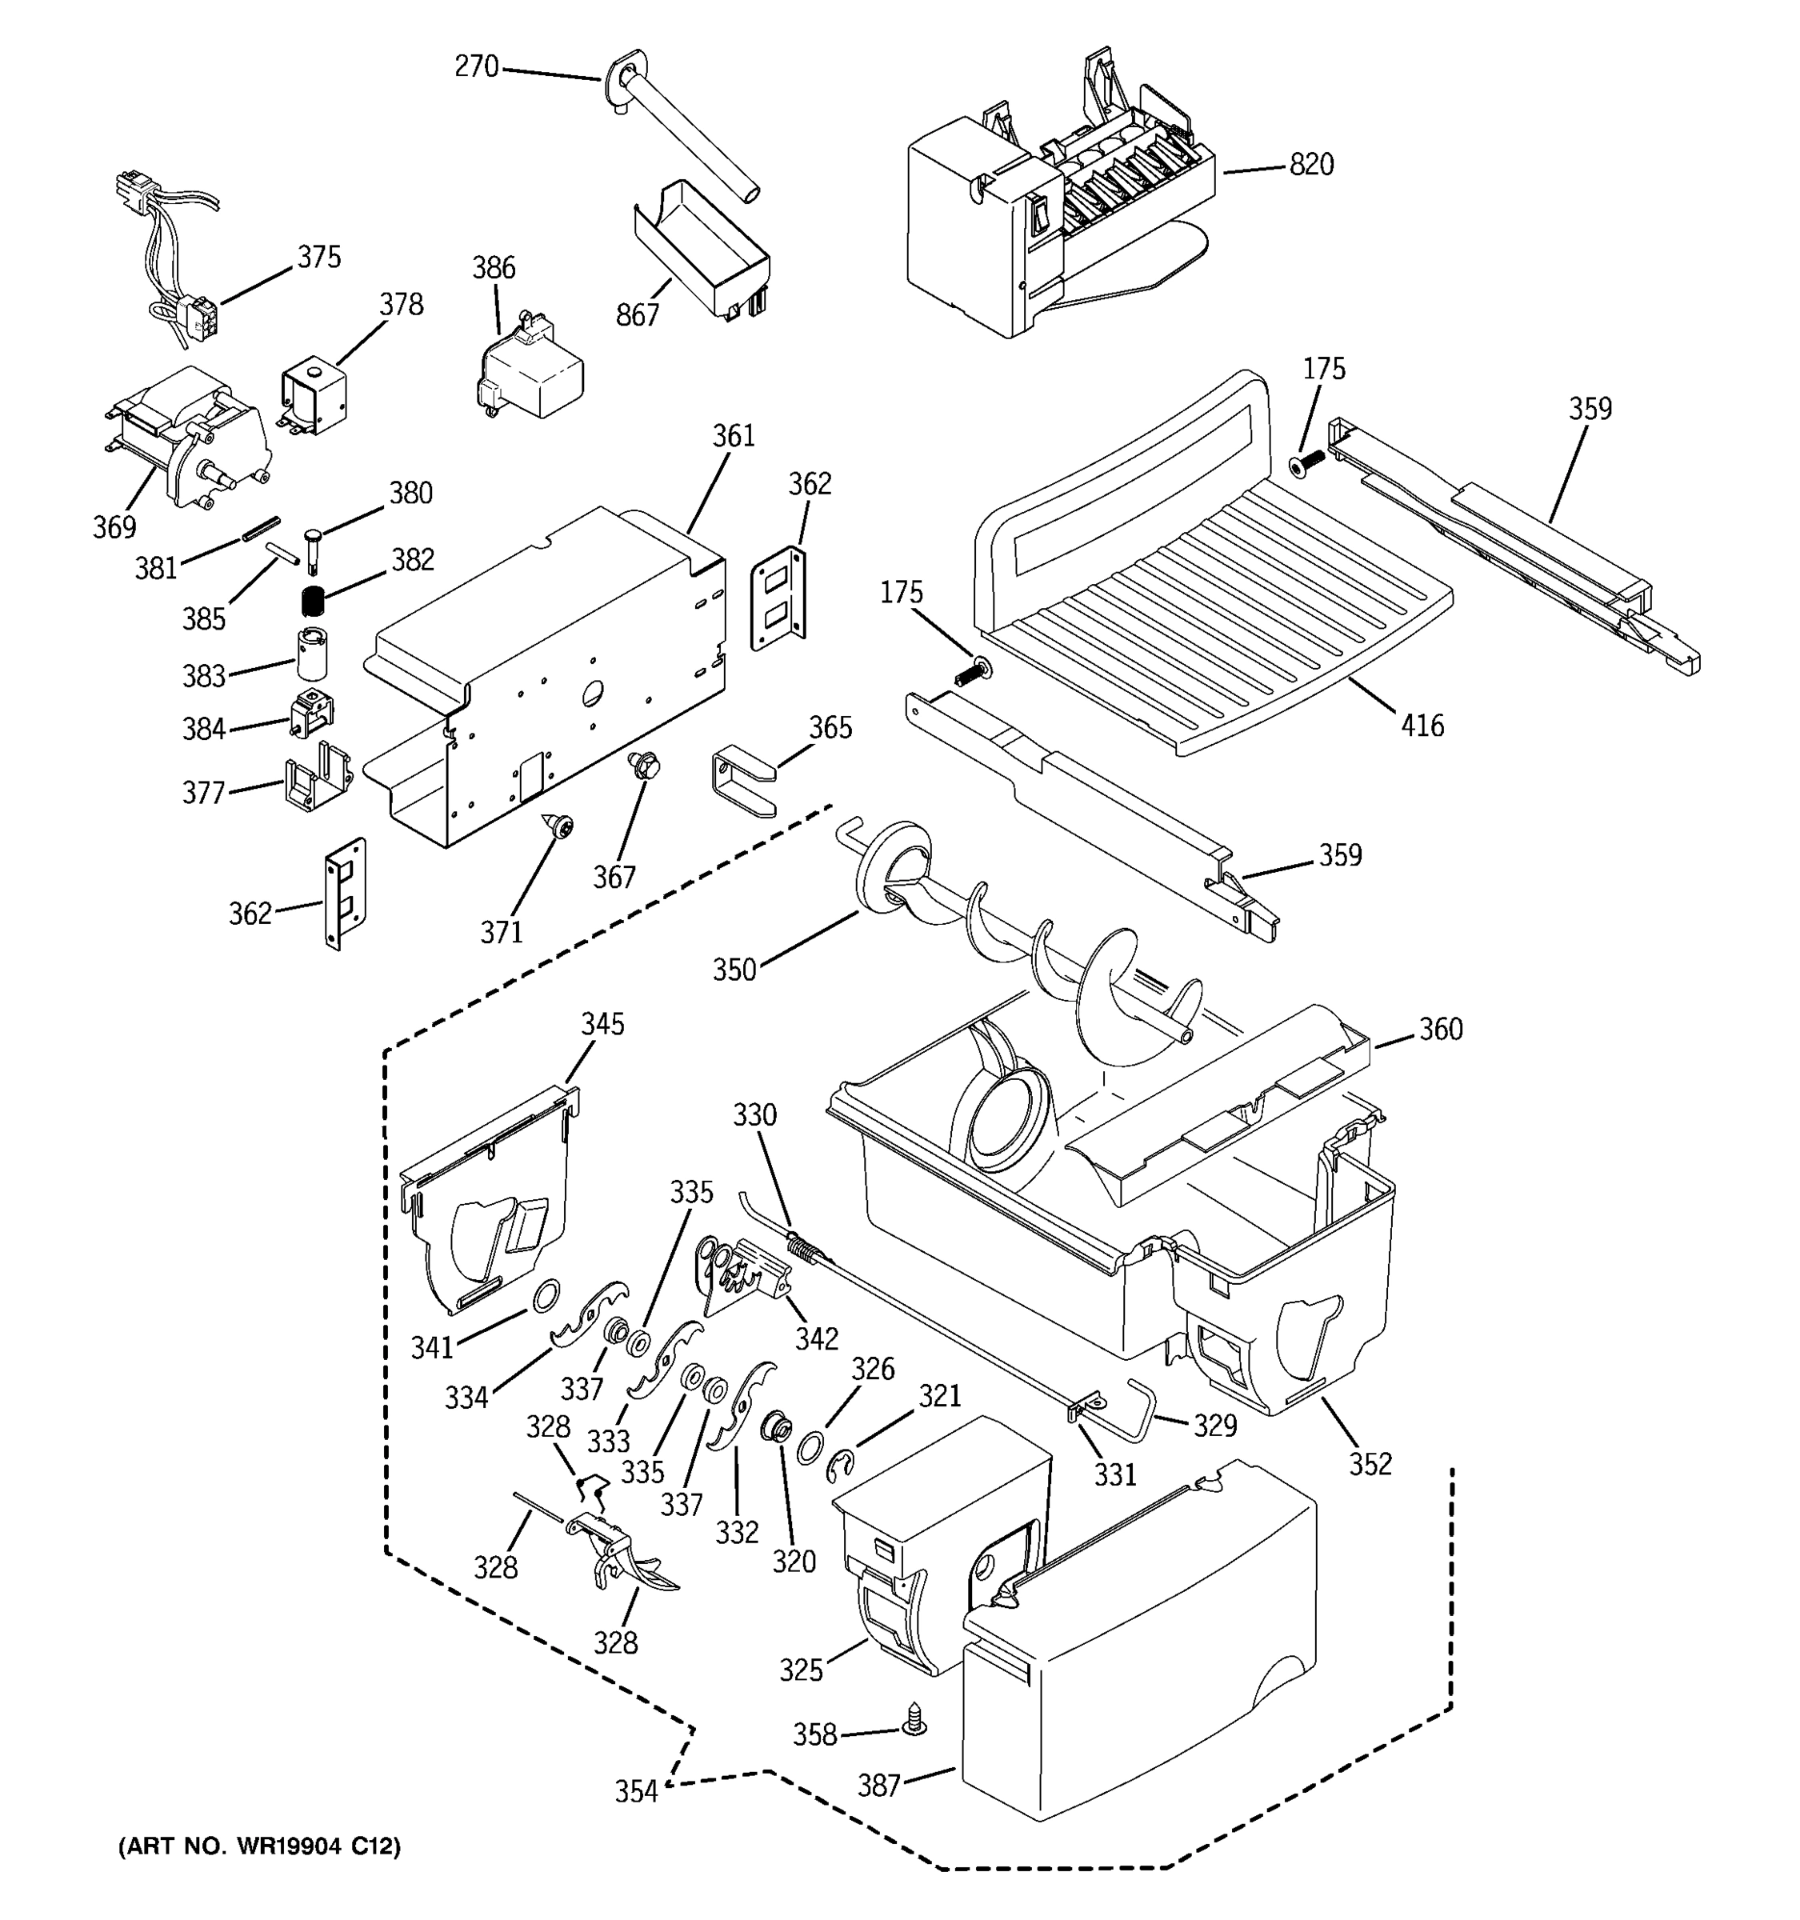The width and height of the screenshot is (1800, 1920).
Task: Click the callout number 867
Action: [x=638, y=315]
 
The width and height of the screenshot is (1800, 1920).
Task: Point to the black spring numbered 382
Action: [x=310, y=602]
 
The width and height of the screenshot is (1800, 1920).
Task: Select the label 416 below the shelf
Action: [x=1422, y=726]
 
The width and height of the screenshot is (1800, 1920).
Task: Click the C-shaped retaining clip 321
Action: [x=841, y=1467]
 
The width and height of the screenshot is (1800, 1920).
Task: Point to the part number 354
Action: [x=636, y=1791]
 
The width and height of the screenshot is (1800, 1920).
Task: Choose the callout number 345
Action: [x=602, y=1025]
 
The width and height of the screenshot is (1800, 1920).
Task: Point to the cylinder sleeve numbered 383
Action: [x=311, y=654]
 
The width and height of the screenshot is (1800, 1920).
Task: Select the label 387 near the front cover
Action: [x=878, y=1786]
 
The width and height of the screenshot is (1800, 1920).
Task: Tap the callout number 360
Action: [x=1440, y=1030]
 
